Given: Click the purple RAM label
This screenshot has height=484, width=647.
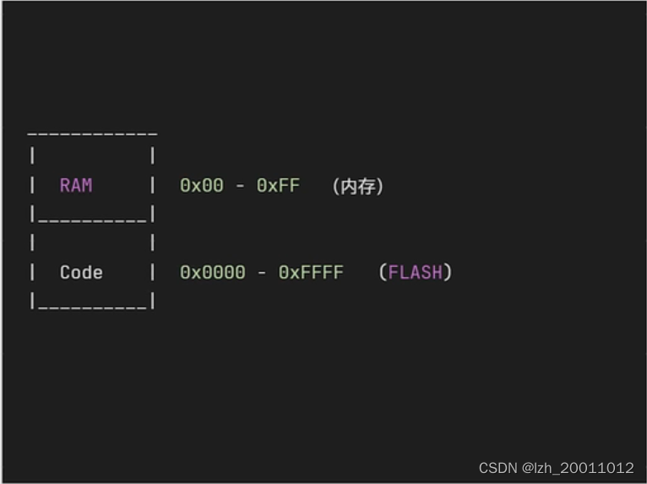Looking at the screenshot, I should click(x=76, y=185).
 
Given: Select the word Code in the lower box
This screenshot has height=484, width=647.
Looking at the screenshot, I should click(x=81, y=272).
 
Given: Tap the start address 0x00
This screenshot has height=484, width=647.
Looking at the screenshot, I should click(x=202, y=185).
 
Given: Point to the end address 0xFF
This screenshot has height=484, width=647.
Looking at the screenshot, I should click(x=278, y=185).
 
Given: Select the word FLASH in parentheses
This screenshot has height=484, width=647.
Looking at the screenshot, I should click(x=415, y=272).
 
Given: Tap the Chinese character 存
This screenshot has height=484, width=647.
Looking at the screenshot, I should click(x=366, y=186).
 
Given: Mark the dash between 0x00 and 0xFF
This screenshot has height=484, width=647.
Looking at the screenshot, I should click(x=240, y=186).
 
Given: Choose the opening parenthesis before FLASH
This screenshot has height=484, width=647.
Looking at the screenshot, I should click(x=383, y=272).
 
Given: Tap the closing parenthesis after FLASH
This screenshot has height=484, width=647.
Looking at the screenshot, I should click(x=448, y=272).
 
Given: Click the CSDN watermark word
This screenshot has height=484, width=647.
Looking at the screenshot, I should click(x=497, y=467).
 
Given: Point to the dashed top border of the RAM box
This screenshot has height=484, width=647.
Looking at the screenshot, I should click(x=92, y=134).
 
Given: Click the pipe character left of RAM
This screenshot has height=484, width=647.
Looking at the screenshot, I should click(x=32, y=185).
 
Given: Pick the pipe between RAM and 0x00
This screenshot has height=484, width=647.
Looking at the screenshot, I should click(x=152, y=185).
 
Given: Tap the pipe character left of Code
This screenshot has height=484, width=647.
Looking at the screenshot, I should click(x=32, y=272).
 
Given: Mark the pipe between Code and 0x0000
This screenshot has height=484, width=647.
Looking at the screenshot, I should click(x=152, y=272).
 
